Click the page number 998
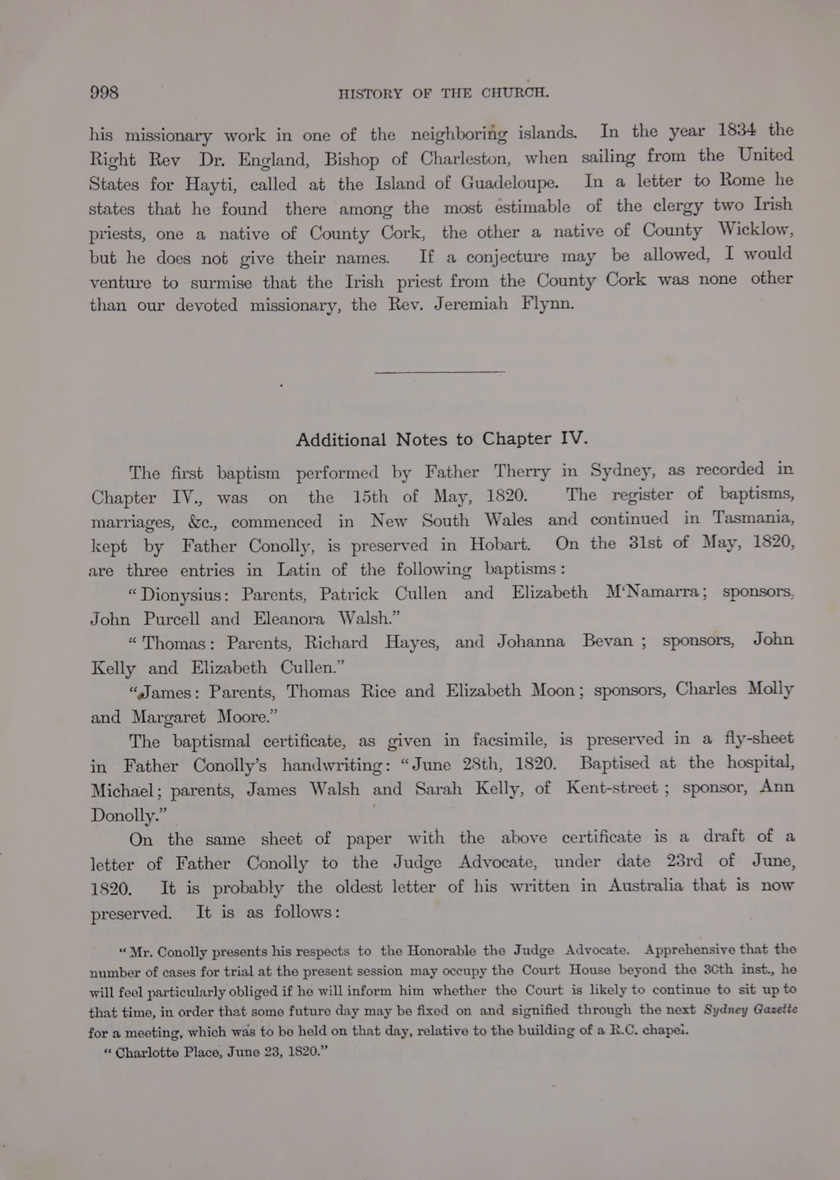pos(104,93)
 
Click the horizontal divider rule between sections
pos(440,372)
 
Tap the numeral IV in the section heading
pos(574,438)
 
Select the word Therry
pos(522,471)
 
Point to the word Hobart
pos(500,544)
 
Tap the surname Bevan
pos(607,641)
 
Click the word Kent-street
pos(612,788)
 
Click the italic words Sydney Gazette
pos(750,1010)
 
